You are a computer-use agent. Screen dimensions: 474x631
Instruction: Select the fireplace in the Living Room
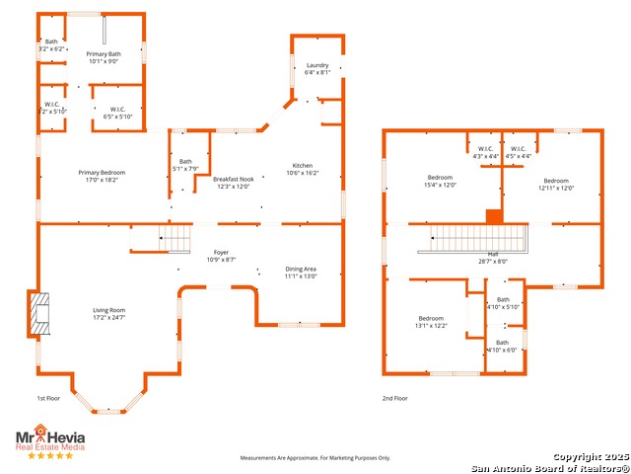39,313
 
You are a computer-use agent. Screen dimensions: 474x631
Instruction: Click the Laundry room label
316,64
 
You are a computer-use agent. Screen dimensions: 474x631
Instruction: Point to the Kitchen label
302,165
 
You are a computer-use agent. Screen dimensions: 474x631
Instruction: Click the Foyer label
221,252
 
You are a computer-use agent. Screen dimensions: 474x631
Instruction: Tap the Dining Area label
301,269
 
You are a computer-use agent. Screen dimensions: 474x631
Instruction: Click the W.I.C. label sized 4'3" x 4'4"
483,152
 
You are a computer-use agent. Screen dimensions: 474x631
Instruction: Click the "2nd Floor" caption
395,399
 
